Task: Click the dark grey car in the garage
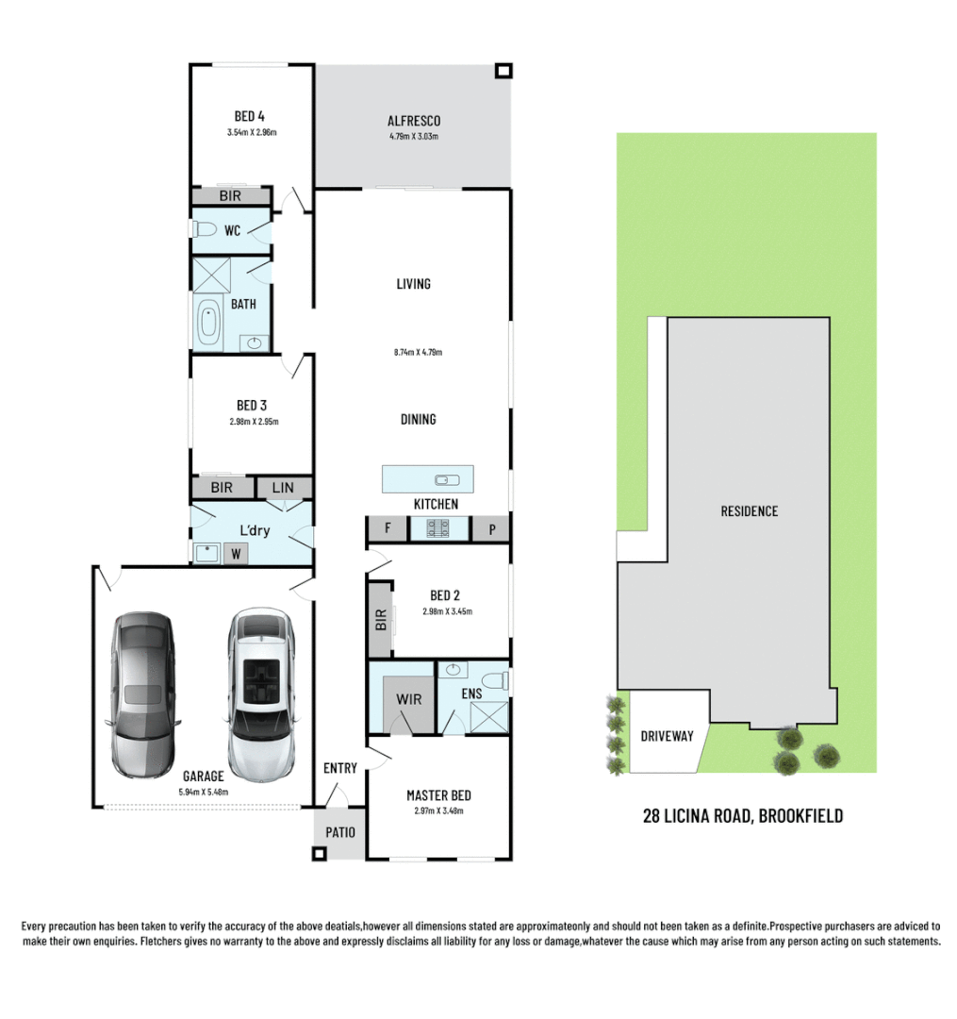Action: pos(143,693)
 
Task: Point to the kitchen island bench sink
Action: pos(442,479)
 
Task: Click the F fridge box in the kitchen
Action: pos(388,529)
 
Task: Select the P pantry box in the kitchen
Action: pos(491,529)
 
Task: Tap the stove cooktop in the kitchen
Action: pos(440,529)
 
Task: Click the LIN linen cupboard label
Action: pos(283,488)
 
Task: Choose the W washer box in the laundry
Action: pos(236,554)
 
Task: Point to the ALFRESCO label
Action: pos(414,121)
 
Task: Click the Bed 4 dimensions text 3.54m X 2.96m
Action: pos(251,133)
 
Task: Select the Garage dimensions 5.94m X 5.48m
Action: pos(205,792)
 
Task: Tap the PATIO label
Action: pos(339,832)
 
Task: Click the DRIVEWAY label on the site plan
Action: pos(666,736)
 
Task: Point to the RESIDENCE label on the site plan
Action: pos(750,511)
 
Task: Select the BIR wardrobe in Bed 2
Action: pos(381,620)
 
